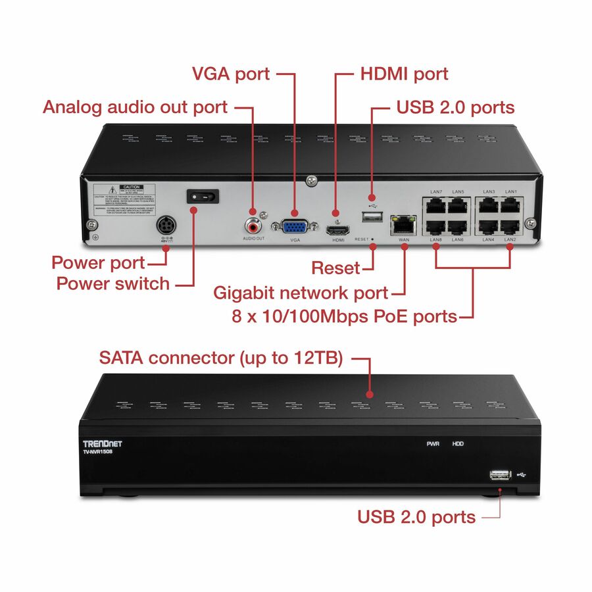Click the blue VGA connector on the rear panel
coord(294,226)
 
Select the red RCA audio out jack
coord(252,226)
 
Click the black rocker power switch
coord(203,196)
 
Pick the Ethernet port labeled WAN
coord(402,224)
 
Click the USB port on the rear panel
coord(372,217)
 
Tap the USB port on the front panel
coord(501,474)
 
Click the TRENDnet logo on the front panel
coord(102,443)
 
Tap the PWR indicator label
coord(432,444)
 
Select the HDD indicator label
coord(458,444)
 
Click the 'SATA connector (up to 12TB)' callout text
coord(220,358)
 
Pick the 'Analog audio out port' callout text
coord(136,107)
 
